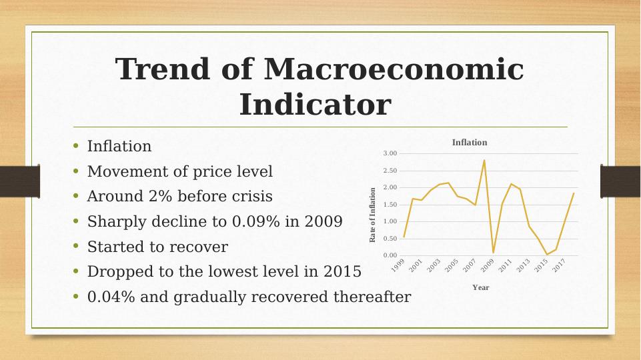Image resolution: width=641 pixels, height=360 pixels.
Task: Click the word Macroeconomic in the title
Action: click(x=394, y=69)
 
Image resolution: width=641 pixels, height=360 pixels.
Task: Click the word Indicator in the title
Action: click(x=315, y=105)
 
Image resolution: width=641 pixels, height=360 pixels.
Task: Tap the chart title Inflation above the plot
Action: click(x=470, y=143)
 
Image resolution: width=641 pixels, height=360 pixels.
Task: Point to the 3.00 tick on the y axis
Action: click(x=390, y=153)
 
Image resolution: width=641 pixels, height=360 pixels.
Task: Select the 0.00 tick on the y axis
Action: click(x=390, y=255)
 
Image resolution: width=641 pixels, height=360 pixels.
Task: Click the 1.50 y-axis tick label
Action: click(x=390, y=204)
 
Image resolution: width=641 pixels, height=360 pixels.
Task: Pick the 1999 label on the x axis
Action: click(x=398, y=265)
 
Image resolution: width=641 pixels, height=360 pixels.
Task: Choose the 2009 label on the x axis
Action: click(x=488, y=265)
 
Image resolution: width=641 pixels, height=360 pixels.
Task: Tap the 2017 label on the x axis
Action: click(x=559, y=265)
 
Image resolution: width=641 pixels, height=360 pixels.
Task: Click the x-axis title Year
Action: click(x=481, y=288)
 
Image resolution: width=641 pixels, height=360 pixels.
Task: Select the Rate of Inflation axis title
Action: click(x=372, y=215)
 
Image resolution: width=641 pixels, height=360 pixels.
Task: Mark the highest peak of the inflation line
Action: click(x=484, y=160)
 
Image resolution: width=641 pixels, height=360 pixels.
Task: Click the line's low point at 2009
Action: click(x=494, y=253)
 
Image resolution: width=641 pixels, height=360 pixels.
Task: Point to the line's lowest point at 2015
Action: click(x=547, y=254)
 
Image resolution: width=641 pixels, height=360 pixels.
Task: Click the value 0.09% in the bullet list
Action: click(x=256, y=221)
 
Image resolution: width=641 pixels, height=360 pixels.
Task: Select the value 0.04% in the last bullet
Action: click(x=111, y=297)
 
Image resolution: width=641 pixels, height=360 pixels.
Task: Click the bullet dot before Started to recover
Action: click(x=75, y=246)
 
